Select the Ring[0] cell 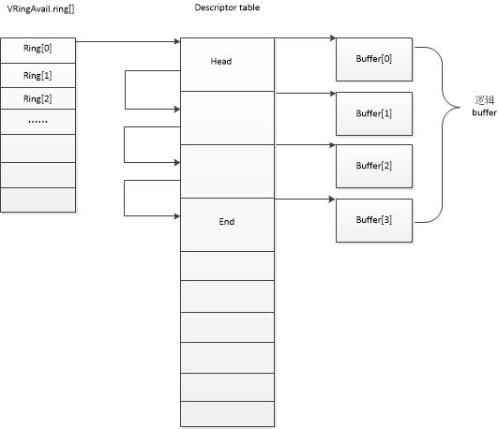tap(38, 49)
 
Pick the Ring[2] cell tap(38, 98)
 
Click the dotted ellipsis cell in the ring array tap(38, 122)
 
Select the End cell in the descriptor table tap(226, 223)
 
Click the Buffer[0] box tap(372, 59)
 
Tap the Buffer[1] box tap(372, 112)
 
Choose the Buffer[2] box tap(372, 165)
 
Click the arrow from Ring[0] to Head tap(127, 42)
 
